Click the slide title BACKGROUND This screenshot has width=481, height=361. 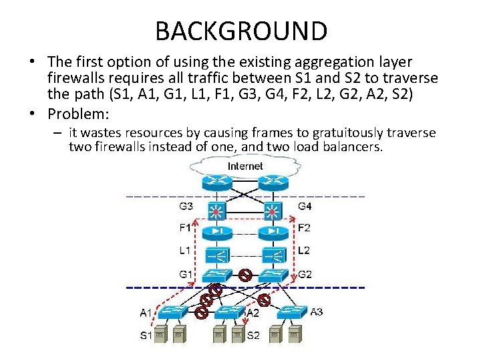[x=240, y=31]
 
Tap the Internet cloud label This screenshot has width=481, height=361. [x=245, y=165]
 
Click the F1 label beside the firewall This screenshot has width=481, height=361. [x=185, y=228]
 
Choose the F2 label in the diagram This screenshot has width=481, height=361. [x=305, y=228]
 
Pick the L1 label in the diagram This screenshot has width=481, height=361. [x=185, y=250]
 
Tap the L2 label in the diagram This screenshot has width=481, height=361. [x=304, y=250]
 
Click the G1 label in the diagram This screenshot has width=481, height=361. [x=186, y=274]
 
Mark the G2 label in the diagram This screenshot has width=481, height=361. [x=305, y=274]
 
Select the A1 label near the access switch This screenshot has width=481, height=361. [x=146, y=312]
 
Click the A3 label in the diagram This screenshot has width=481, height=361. [x=319, y=312]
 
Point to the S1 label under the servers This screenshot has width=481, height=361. [x=146, y=335]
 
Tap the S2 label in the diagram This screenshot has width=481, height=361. [x=253, y=336]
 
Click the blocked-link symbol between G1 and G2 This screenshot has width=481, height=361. [x=245, y=274]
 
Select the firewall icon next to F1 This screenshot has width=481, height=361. [x=217, y=231]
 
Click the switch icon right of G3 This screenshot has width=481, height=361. [x=217, y=210]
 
